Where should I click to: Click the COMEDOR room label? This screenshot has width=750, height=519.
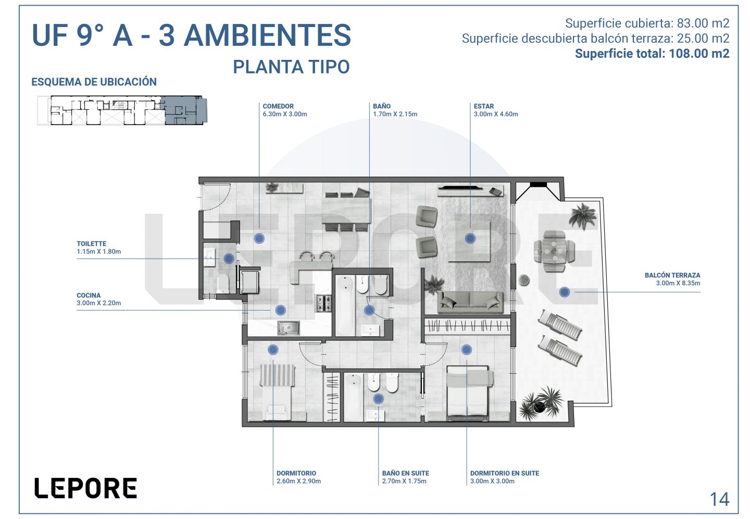tap(278, 106)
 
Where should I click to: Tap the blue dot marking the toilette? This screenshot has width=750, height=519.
tap(229, 259)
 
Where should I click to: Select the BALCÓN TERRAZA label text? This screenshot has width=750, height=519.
tap(672, 275)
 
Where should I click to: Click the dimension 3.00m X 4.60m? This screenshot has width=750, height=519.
tap(495, 114)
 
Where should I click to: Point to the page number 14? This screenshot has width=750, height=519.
tap(720, 499)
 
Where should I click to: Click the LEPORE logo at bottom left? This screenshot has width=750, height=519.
tap(86, 488)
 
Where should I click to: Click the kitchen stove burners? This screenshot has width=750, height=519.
tap(323, 303)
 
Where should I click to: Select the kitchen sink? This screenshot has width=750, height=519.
tap(289, 328)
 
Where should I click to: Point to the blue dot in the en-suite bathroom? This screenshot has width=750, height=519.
tap(378, 399)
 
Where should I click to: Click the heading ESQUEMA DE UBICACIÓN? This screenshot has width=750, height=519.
tap(94, 82)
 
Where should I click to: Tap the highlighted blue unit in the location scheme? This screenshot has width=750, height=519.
tap(183, 110)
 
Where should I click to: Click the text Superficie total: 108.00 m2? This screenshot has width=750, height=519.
tap(652, 54)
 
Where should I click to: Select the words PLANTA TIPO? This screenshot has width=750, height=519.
tap(291, 67)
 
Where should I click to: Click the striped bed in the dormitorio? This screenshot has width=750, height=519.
tap(277, 392)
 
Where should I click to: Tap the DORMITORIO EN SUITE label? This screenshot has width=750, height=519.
tap(505, 473)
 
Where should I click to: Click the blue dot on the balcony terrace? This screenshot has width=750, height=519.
tap(565, 292)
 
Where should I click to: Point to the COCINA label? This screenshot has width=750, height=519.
tap(89, 295)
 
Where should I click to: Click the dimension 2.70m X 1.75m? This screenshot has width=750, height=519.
tap(405, 481)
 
